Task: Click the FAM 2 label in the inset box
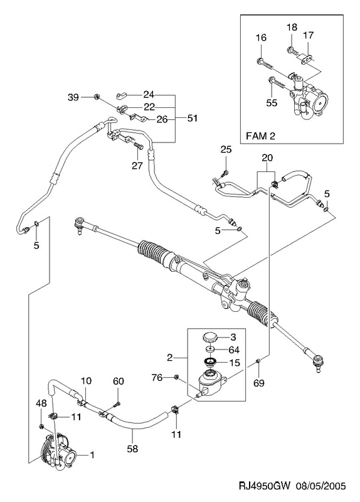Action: (260, 136)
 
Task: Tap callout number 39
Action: (73, 97)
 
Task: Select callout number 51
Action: (193, 118)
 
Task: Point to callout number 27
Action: (137, 166)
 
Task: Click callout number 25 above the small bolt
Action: (226, 149)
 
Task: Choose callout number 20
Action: (267, 158)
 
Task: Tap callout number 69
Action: (259, 383)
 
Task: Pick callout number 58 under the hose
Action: (132, 449)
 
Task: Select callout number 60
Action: (119, 381)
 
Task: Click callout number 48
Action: (41, 403)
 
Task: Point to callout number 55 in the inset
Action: (272, 103)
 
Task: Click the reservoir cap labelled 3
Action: (210, 338)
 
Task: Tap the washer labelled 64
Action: (210, 349)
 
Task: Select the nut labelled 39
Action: (95, 97)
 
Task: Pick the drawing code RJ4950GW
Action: (264, 486)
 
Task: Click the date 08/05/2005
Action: (320, 486)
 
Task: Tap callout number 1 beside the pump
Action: (92, 454)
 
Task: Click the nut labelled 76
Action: (176, 377)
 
